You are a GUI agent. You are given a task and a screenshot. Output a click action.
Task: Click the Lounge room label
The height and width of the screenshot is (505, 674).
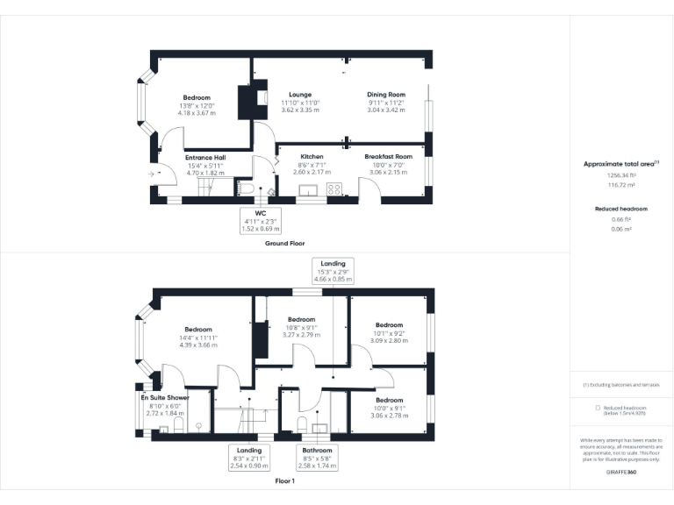[300, 95]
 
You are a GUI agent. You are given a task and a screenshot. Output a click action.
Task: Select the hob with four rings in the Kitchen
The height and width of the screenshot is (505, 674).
[334, 189]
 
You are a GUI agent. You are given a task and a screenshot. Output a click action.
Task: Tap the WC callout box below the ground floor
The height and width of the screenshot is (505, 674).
[261, 220]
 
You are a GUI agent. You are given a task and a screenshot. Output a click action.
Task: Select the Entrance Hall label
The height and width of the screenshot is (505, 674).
[206, 158]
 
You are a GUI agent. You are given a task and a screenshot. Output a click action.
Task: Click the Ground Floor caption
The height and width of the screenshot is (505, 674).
[284, 243]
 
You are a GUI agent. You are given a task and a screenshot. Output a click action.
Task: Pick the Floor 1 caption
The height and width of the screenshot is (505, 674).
[284, 481]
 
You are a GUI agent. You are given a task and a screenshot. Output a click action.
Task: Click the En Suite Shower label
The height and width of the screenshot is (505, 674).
[164, 398]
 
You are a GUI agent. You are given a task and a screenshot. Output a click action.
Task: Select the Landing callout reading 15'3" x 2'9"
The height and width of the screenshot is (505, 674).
[333, 269]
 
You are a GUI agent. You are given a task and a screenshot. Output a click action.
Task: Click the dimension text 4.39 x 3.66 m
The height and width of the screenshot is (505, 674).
[198, 345]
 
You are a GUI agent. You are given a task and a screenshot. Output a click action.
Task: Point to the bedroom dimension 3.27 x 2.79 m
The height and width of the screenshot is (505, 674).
[301, 335]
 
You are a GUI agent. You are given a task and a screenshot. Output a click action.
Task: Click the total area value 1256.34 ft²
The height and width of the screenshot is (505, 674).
[621, 175]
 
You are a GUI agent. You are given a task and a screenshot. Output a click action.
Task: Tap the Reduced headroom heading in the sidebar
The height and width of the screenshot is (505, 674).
[621, 209]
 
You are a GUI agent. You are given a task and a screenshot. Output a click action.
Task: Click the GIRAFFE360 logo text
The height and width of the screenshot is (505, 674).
[621, 473]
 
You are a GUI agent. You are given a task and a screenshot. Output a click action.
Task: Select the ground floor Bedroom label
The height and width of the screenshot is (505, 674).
[197, 97]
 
